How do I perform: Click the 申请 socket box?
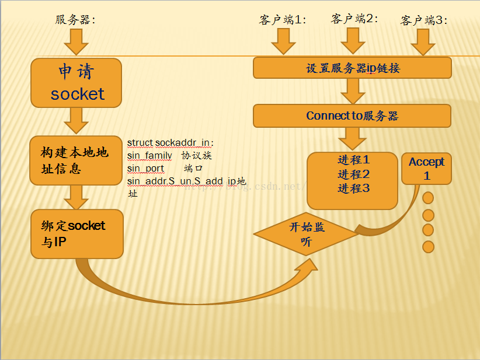click(x=76, y=83)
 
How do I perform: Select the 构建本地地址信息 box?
click(x=76, y=160)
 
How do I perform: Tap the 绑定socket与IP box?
click(x=76, y=234)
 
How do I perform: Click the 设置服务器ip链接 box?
click(x=352, y=68)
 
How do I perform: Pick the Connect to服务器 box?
click(x=352, y=116)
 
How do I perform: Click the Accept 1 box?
click(x=426, y=169)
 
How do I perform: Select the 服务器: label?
click(x=75, y=20)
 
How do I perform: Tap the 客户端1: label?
click(x=283, y=20)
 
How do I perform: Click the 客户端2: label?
click(x=354, y=19)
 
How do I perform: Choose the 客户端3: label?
click(x=424, y=20)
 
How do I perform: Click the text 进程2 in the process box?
click(x=353, y=174)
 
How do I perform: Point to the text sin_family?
click(x=149, y=155)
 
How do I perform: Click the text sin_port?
click(x=146, y=168)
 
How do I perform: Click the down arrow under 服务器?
click(x=76, y=42)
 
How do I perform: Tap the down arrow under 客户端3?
click(x=423, y=42)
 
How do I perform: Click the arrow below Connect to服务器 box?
click(x=352, y=139)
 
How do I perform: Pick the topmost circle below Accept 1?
click(x=428, y=198)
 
